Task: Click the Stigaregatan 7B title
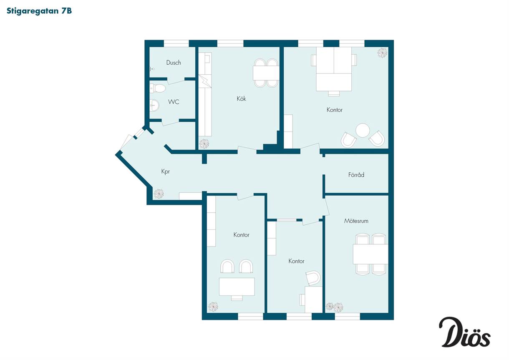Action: point(39,11)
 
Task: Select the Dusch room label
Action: point(174,63)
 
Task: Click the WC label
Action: point(174,102)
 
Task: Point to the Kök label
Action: point(241,98)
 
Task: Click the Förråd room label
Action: point(356,175)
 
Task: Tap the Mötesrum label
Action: point(356,221)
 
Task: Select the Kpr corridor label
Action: point(165,171)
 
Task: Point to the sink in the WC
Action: point(154,106)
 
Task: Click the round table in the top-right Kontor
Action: point(363,130)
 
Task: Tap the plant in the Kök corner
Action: point(204,144)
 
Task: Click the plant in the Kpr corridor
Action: point(159,194)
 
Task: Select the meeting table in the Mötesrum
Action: point(370,254)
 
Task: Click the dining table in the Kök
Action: point(266,73)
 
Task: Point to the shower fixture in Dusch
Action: point(152,69)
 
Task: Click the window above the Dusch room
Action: point(176,43)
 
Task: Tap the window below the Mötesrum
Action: point(348,316)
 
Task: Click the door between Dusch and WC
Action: point(176,81)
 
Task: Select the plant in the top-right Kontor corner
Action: point(382,53)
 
